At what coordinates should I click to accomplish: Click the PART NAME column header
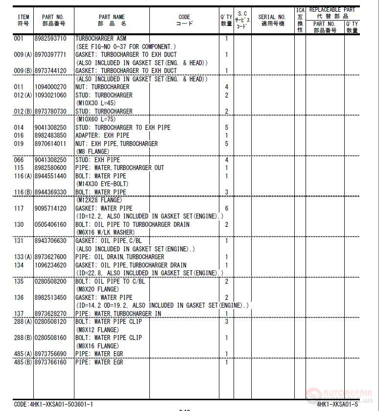(x=112, y=20)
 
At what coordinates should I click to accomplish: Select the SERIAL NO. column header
(x=272, y=20)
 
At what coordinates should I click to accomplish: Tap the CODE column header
(x=185, y=20)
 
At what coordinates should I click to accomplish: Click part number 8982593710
(x=50, y=38)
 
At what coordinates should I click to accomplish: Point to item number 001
(x=19, y=38)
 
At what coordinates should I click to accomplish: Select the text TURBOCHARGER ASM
(x=101, y=38)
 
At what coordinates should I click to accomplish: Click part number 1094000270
(x=50, y=87)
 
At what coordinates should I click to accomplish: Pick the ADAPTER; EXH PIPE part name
(x=102, y=135)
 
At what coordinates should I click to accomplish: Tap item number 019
(x=19, y=144)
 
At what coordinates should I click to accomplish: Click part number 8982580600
(x=50, y=168)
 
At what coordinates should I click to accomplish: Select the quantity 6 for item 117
(x=227, y=208)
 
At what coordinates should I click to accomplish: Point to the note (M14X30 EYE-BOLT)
(x=101, y=184)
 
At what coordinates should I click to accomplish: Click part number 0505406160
(x=50, y=224)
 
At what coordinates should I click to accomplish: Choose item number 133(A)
(x=23, y=257)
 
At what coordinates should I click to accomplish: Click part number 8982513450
(x=50, y=297)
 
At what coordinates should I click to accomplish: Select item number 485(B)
(x=23, y=362)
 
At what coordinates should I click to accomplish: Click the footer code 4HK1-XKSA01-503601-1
(x=53, y=404)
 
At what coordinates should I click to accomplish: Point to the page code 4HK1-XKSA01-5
(x=337, y=404)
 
